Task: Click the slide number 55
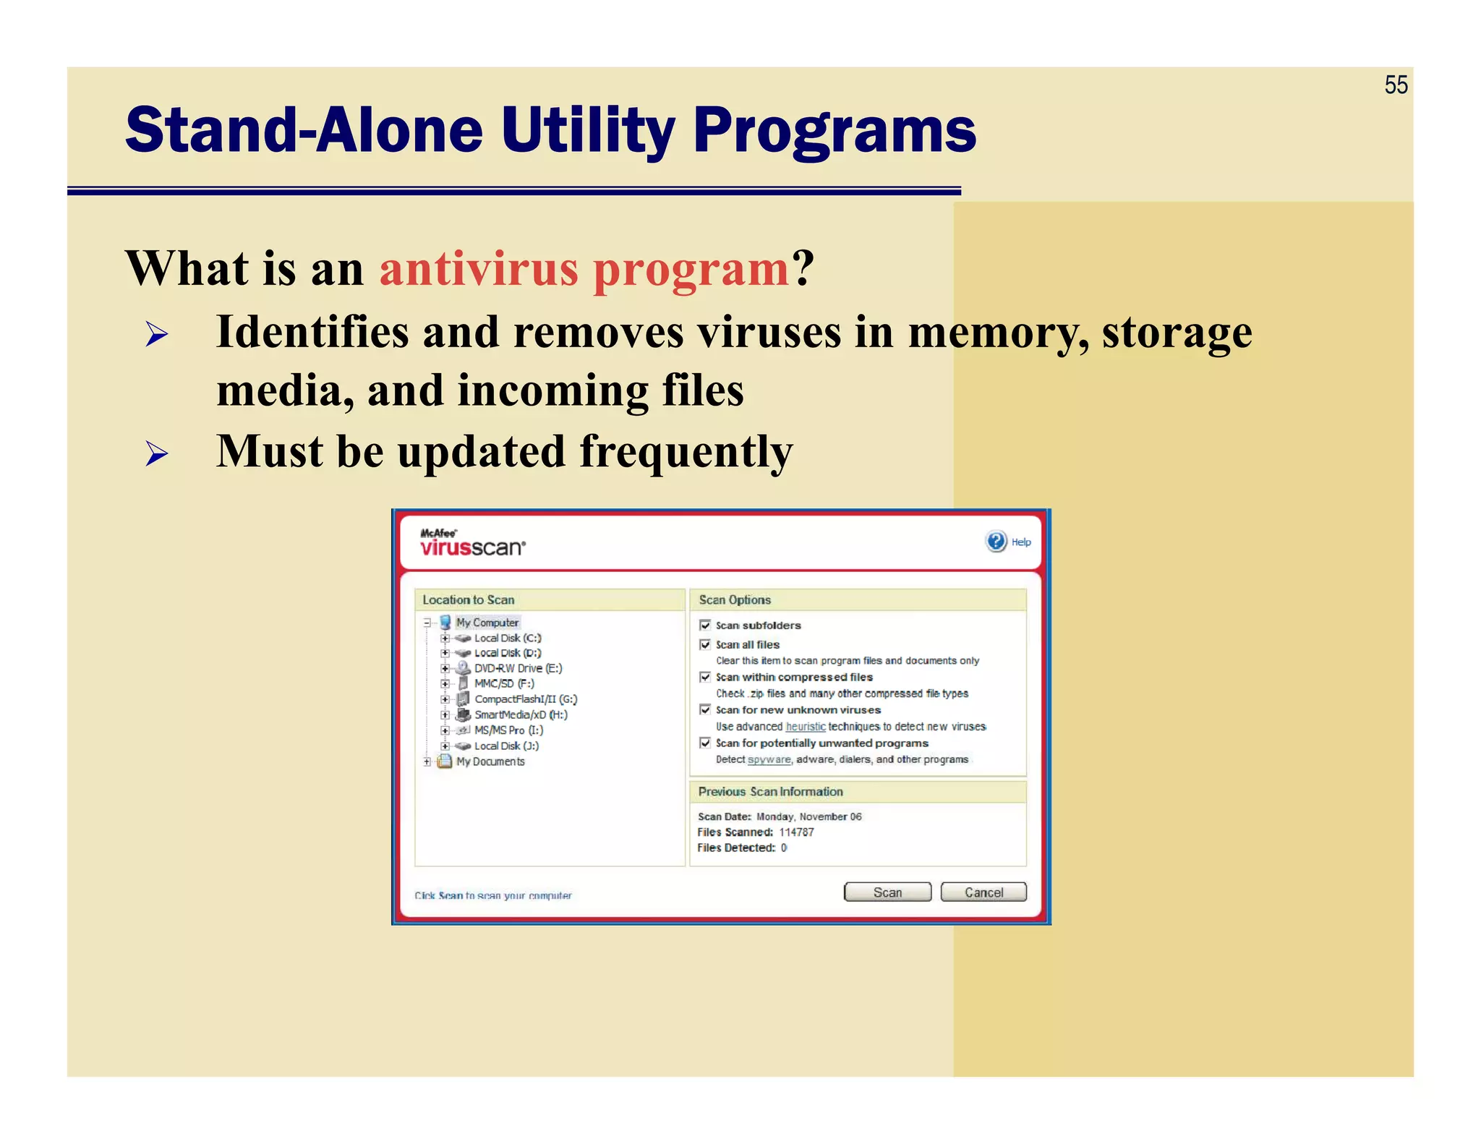[x=1396, y=85]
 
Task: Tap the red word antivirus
[x=479, y=268]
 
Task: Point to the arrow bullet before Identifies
[x=157, y=334]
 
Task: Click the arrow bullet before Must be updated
[x=157, y=453]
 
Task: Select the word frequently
[x=686, y=452]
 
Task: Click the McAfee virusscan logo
[x=472, y=543]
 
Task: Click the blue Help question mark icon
[x=996, y=541]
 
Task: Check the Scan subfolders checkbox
[x=705, y=625]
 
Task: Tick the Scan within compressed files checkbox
[x=705, y=677]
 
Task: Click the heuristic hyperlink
[x=805, y=727]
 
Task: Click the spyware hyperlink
[x=769, y=759]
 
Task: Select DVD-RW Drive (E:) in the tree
[x=518, y=668]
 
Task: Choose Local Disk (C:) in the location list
[x=508, y=638]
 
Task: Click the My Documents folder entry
[x=490, y=761]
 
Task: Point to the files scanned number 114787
[x=796, y=832]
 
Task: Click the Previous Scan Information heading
[x=770, y=792]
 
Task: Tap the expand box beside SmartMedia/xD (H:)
[x=445, y=714]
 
